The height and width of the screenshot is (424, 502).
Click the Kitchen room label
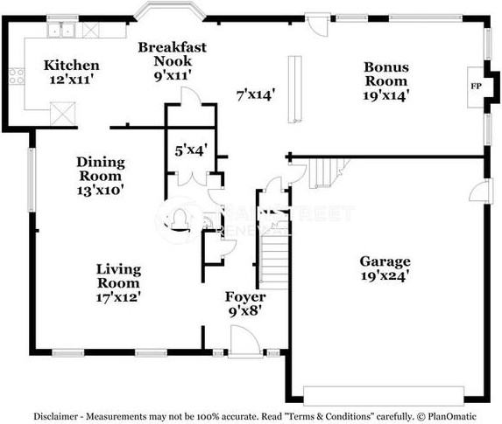pyautogui.click(x=72, y=66)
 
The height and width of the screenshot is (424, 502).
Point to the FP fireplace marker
pyautogui.click(x=477, y=87)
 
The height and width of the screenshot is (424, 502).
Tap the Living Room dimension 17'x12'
pyautogui.click(x=118, y=296)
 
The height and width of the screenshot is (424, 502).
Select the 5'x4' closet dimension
pyautogui.click(x=189, y=149)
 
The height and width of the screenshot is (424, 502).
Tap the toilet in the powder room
pyautogui.click(x=179, y=216)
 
